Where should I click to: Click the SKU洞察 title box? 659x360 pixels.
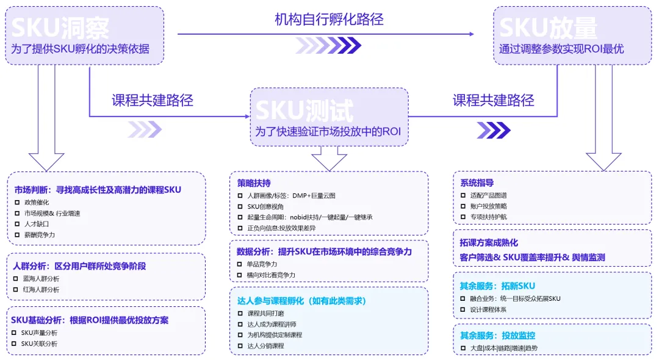tap(85, 35)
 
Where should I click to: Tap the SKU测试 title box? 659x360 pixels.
tap(329, 117)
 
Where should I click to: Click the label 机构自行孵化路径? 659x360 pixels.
tap(329, 19)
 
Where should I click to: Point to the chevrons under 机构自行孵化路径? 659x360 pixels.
tap(328, 45)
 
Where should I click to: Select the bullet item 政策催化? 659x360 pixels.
tap(36, 202)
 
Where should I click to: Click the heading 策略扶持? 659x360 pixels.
tap(254, 183)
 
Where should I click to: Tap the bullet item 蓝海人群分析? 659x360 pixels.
tap(41, 278)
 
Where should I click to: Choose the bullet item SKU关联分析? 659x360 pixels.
tap(39, 344)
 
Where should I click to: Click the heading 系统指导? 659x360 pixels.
tap(477, 182)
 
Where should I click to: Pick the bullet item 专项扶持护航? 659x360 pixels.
tap(488, 217)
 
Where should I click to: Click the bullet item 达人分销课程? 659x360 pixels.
tap(265, 346)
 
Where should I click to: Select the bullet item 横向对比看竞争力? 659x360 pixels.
tap(271, 275)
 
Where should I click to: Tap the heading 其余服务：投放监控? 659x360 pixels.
tap(497, 335)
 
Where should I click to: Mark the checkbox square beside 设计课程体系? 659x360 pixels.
tap(463, 309)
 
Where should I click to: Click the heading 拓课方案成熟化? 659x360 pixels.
tap(489, 242)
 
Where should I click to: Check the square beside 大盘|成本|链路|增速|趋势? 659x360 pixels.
tap(463, 348)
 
